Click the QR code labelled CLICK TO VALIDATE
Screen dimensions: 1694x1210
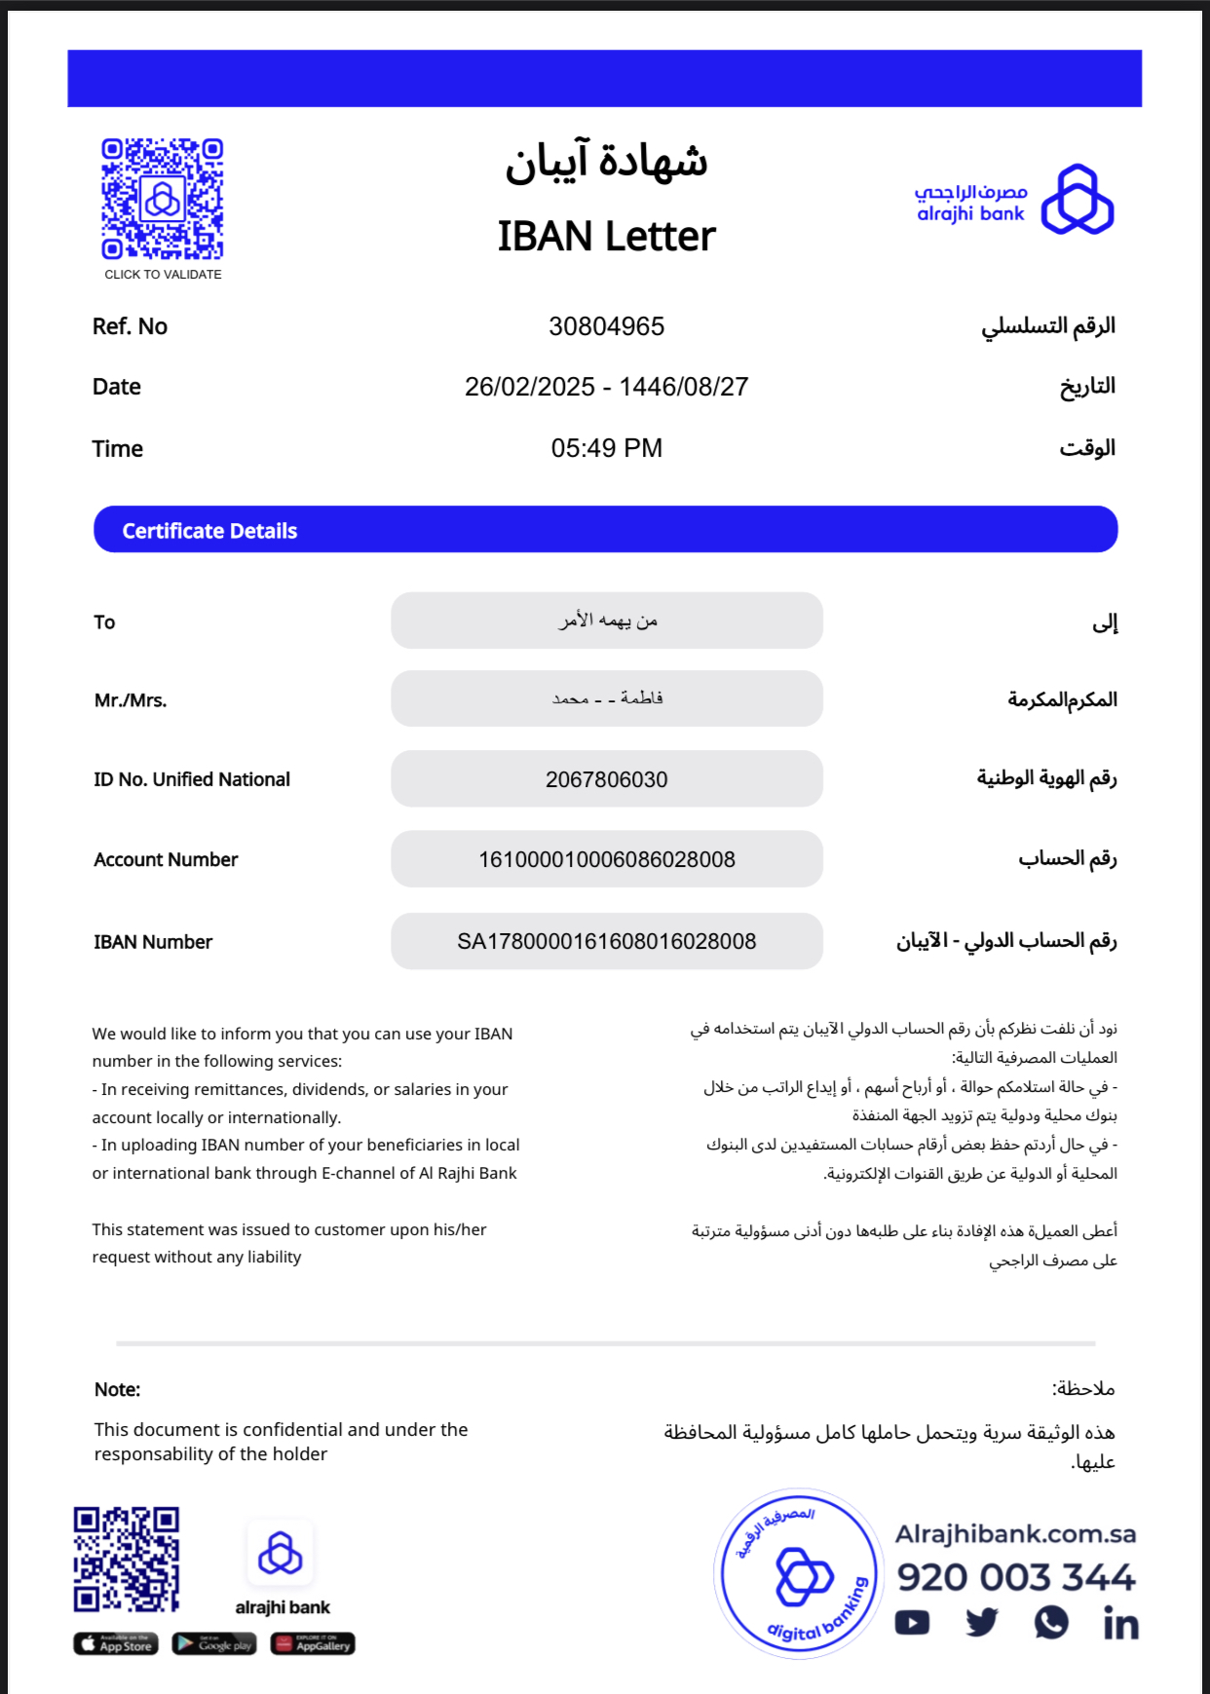click(x=163, y=200)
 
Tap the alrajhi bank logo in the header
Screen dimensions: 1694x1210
click(x=1014, y=200)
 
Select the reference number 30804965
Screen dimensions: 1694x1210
click(x=606, y=326)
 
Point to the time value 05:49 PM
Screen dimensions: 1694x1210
click(x=606, y=448)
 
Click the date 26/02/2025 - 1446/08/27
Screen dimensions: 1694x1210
click(x=606, y=387)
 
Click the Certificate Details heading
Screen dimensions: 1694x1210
click(x=209, y=531)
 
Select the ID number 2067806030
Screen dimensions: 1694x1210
click(x=606, y=779)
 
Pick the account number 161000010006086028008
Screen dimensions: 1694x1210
click(x=606, y=859)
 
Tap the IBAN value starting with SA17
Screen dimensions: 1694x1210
click(x=606, y=941)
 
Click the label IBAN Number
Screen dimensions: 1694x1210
click(x=153, y=942)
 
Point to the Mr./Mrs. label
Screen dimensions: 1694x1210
click(x=131, y=700)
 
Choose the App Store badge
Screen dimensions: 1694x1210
click(x=116, y=1644)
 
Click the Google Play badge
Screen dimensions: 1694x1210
click(x=214, y=1644)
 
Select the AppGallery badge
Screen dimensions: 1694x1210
click(x=313, y=1644)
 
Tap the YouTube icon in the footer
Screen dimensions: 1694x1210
click(x=912, y=1623)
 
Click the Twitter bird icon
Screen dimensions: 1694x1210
click(x=982, y=1622)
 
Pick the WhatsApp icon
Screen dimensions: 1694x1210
click(x=1051, y=1622)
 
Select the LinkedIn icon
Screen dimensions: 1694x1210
click(x=1120, y=1624)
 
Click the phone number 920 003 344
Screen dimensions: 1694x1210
click(x=1015, y=1577)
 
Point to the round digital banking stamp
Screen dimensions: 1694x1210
click(x=799, y=1573)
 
